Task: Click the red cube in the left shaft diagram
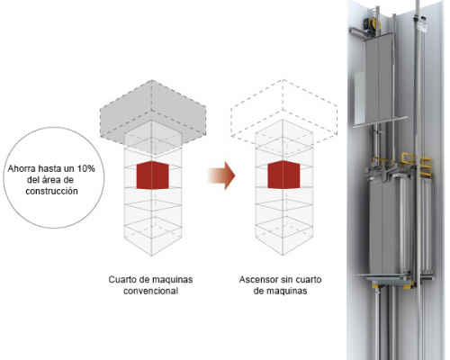[153, 175]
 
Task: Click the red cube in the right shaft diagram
[283, 175]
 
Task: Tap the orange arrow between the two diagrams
[221, 175]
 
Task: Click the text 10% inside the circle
[85, 168]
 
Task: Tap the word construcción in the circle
[51, 191]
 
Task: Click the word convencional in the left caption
[150, 291]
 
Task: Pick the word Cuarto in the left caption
[120, 280]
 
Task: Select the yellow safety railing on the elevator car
[417, 163]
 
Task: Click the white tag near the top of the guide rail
[422, 24]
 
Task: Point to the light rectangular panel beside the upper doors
[359, 98]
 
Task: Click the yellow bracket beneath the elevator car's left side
[376, 287]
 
